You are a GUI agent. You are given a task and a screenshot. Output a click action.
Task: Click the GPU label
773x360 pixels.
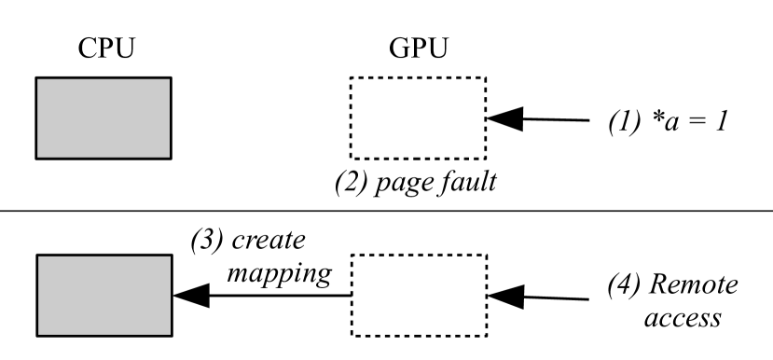pos(416,51)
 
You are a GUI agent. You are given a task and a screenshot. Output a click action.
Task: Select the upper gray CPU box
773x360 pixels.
pos(103,118)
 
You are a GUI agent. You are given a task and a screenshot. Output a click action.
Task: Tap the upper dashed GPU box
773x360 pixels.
pos(417,118)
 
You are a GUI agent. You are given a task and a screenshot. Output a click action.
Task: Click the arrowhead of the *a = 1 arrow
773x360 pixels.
pos(503,118)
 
